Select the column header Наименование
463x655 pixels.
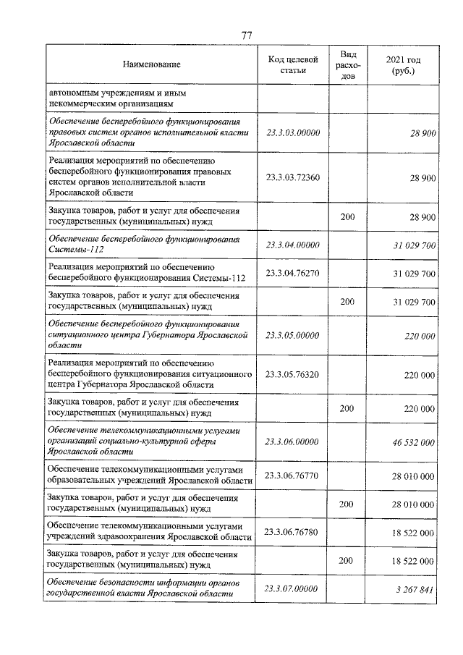point(151,65)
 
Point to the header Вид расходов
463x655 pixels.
point(347,65)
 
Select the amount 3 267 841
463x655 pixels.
point(415,589)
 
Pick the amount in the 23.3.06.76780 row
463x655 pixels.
point(413,533)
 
